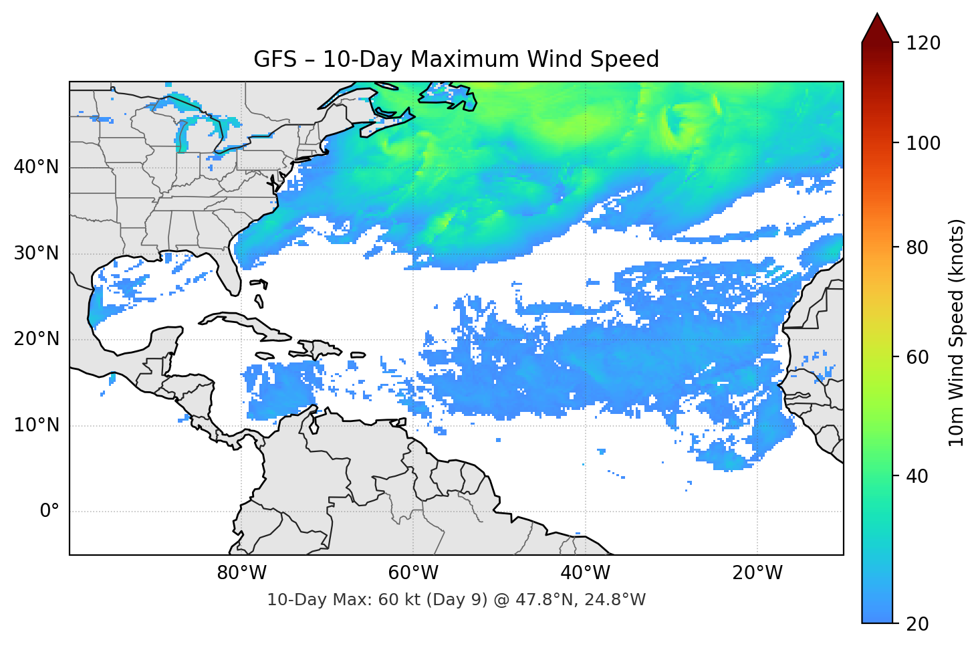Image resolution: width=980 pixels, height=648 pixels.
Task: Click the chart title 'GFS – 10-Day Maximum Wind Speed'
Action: [456, 60]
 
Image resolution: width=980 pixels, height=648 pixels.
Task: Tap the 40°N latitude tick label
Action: [36, 167]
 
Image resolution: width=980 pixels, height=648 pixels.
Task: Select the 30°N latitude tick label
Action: [36, 253]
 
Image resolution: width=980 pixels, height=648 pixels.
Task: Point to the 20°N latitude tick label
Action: [36, 339]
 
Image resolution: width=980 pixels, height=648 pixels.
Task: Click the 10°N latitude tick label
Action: [36, 425]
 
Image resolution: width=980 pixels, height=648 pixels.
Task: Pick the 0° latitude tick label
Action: [49, 512]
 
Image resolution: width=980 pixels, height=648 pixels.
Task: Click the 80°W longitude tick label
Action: [241, 573]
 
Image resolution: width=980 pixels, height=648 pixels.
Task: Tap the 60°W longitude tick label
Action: [413, 573]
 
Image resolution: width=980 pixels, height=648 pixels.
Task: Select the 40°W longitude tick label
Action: [585, 573]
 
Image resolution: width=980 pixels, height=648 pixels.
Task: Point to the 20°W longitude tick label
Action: [757, 573]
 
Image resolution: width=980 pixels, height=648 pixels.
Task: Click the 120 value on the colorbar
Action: [923, 43]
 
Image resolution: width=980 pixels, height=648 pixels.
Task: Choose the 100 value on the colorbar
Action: [923, 143]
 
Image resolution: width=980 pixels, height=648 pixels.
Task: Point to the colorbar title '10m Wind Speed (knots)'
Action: [957, 333]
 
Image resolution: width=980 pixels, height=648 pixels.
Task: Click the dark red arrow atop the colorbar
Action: [877, 28]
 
